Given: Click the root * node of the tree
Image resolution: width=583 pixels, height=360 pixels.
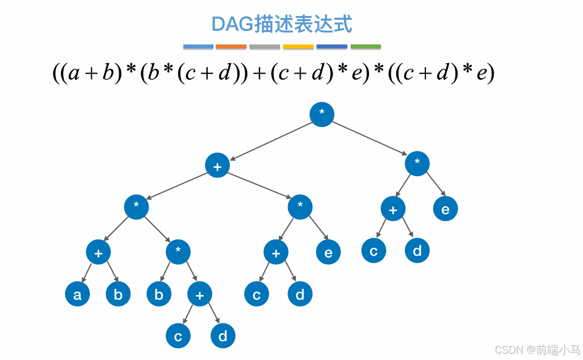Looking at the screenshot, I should pos(322,114).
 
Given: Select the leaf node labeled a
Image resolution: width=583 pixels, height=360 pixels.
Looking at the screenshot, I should pos(77,294).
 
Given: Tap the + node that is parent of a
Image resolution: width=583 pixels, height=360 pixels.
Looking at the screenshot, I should pos(98,252).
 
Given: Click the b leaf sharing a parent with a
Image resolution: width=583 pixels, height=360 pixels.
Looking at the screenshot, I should pos(118,294).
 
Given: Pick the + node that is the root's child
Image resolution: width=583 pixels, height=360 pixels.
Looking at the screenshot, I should pos(217,166).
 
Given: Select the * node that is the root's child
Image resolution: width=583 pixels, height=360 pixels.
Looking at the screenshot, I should pos(417,163).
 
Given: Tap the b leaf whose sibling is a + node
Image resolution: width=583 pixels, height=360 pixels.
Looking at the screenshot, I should pos(159,294).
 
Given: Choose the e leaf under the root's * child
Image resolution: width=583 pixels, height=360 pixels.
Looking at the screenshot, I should pos(445,209).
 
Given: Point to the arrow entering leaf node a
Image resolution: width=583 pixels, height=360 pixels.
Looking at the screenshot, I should pos(87,273).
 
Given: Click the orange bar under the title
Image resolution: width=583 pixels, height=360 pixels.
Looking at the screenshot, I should pos(231,47).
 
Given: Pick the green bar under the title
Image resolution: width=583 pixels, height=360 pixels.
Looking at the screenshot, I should pos(366,47).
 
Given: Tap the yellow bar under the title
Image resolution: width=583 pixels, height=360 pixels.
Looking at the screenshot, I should pos(298,47).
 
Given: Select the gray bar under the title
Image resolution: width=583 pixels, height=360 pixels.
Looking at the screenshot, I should pos(265,47).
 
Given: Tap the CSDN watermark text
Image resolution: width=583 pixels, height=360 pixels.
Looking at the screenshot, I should pos(508,349).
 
